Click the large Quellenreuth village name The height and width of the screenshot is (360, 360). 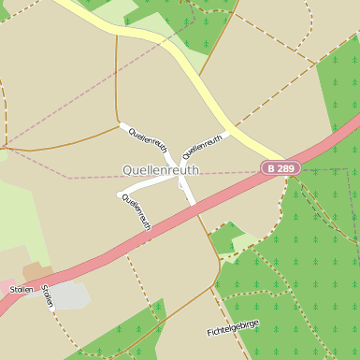pos(161,170)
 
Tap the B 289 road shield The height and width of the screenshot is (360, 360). pos(281,168)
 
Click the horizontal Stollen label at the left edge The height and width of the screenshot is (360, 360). pos(21,290)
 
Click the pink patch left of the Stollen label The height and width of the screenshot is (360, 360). pos(5,287)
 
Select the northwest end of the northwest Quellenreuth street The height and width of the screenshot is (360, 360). pos(121,124)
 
